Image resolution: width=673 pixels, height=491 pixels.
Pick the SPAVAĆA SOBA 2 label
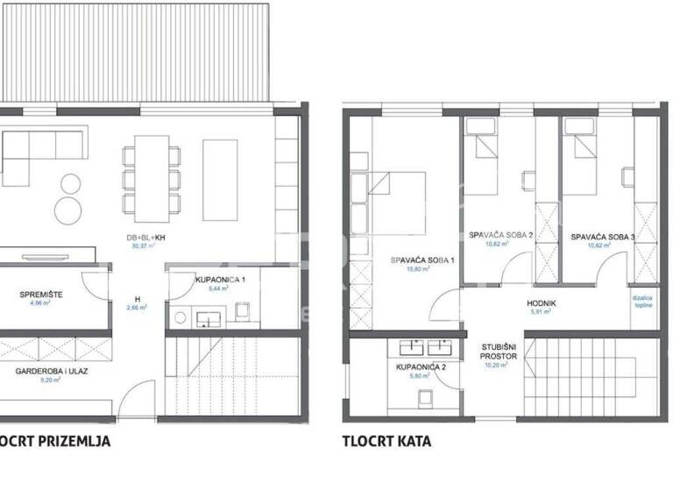496,236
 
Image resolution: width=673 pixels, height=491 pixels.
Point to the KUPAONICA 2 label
422,366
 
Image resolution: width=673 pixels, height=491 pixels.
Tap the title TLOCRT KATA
386,441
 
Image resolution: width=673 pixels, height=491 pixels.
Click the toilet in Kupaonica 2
426,400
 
